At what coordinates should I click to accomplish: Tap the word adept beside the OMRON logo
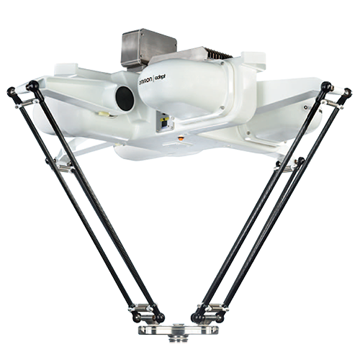pos(161,78)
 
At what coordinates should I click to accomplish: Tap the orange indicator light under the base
pos(181,138)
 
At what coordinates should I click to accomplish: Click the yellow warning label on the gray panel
pos(163,120)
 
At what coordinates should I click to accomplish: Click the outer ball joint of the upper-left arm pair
pos(12,91)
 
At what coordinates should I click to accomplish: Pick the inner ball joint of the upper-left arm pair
pos(33,85)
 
